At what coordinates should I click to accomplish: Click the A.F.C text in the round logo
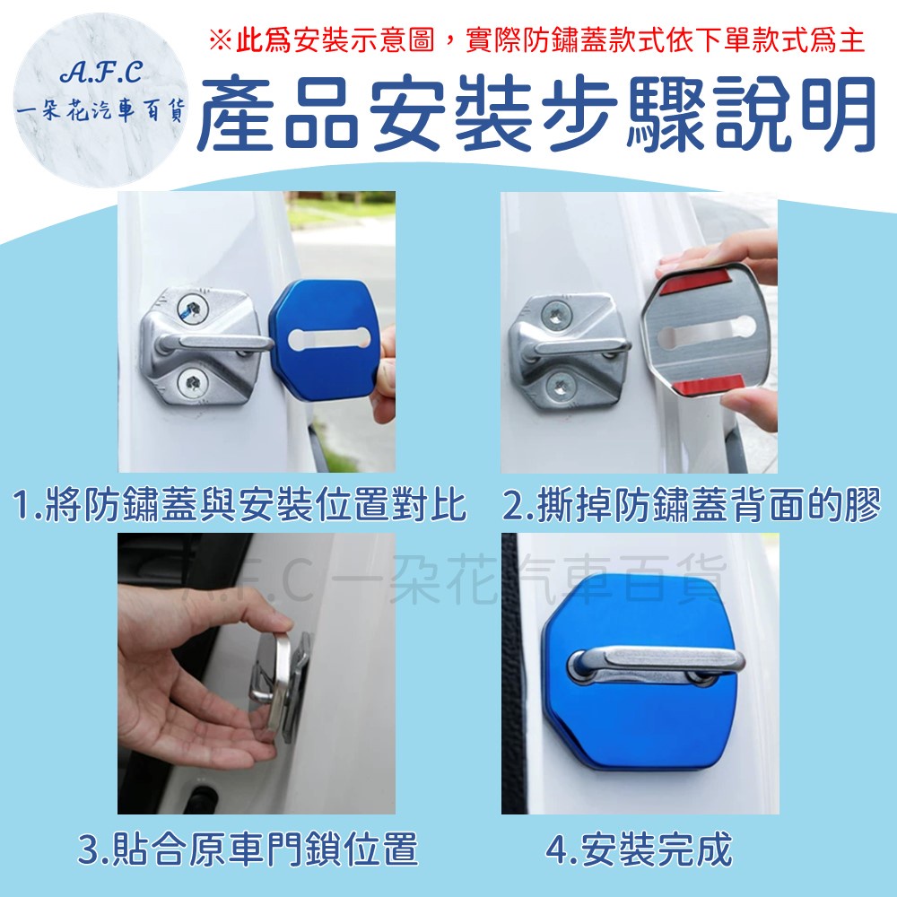100,72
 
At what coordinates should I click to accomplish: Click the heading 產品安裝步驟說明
536,115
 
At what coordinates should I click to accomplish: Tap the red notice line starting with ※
536,40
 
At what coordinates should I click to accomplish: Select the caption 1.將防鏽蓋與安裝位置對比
239,504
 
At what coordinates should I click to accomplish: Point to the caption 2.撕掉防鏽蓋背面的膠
692,504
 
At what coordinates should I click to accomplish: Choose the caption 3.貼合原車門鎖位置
248,849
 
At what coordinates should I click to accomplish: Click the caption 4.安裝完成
639,849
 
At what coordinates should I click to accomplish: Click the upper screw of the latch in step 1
191,309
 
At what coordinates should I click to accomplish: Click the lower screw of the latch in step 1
192,383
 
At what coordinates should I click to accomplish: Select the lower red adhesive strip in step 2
707,385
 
